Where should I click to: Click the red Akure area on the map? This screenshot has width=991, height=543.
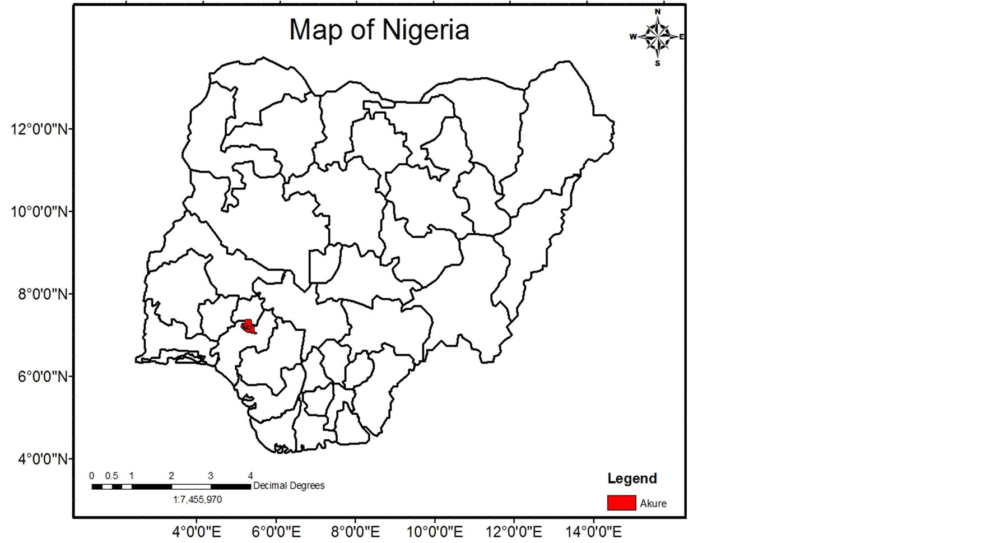(x=248, y=327)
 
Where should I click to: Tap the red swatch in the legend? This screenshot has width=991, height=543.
(x=621, y=503)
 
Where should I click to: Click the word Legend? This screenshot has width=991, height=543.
(x=632, y=479)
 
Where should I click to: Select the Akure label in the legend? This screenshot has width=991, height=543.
(x=653, y=503)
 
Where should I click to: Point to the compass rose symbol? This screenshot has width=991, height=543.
(x=657, y=37)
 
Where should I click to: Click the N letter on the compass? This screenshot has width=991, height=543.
(x=658, y=12)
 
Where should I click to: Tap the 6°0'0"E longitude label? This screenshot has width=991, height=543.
(x=276, y=531)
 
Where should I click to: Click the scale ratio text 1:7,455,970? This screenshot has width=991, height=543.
(x=197, y=499)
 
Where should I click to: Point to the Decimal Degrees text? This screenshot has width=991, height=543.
(x=289, y=486)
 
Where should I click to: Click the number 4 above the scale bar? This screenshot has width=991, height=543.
(x=250, y=476)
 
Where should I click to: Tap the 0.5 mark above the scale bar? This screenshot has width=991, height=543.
(x=111, y=476)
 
